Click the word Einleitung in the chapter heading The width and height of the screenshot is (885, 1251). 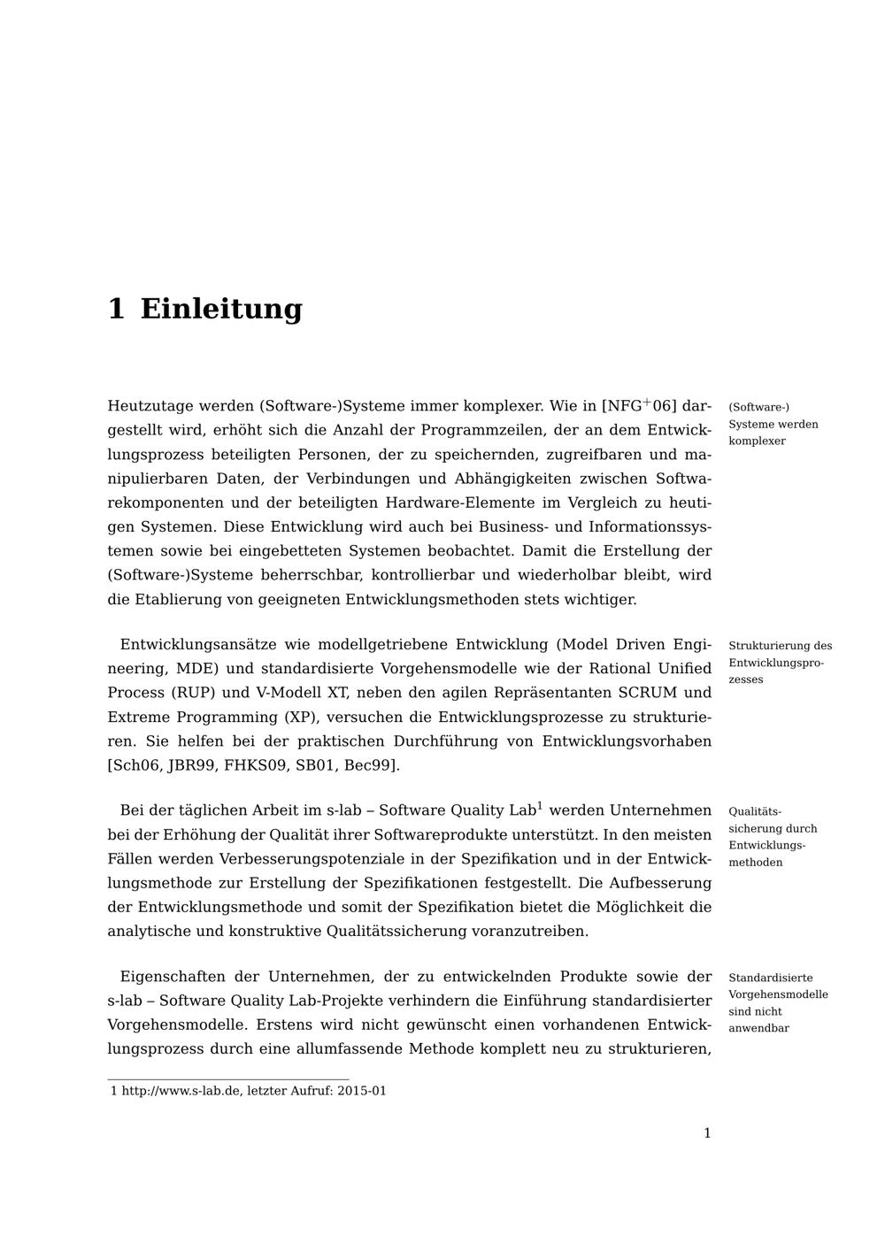[221, 309]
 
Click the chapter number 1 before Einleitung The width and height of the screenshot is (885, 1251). [116, 309]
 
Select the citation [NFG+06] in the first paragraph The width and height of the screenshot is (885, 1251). [639, 406]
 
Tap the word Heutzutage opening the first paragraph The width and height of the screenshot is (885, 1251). [149, 406]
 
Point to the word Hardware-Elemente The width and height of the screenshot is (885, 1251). [447, 503]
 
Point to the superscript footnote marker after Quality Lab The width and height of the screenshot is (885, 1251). [540, 806]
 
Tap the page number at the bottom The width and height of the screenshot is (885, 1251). [707, 1133]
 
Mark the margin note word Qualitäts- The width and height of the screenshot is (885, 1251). [755, 811]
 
